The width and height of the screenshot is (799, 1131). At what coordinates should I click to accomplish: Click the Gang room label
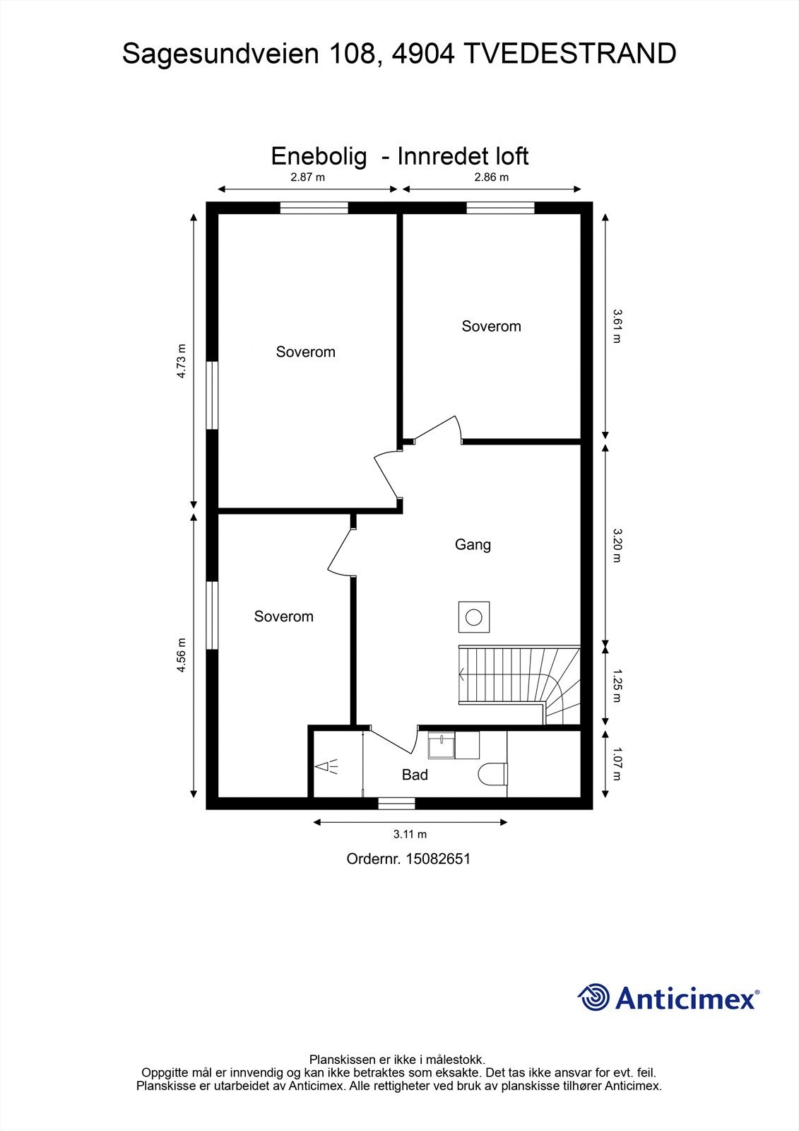pyautogui.click(x=473, y=545)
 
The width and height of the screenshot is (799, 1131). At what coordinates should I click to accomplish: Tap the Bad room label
pyautogui.click(x=415, y=775)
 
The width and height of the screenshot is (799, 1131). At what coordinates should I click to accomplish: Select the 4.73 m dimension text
pyautogui.click(x=181, y=361)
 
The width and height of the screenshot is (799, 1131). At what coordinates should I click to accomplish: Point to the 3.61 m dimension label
pyautogui.click(x=617, y=326)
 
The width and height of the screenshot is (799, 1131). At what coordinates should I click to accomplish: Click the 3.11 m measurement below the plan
pyautogui.click(x=410, y=834)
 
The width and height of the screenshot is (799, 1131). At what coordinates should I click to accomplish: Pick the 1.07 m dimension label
pyautogui.click(x=617, y=764)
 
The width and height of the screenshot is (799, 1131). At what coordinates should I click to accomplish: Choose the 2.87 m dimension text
pyautogui.click(x=307, y=177)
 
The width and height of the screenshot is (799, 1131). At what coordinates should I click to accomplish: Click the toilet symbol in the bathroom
pyautogui.click(x=492, y=774)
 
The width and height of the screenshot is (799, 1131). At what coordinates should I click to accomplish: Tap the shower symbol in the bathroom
pyautogui.click(x=326, y=767)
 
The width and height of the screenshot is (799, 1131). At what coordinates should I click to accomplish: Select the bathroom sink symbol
pyautogui.click(x=442, y=745)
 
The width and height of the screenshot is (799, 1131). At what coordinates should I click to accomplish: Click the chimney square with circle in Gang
pyautogui.click(x=474, y=617)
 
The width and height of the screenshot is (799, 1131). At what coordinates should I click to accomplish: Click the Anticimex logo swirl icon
pyautogui.click(x=593, y=996)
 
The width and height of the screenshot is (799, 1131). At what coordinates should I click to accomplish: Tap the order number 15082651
pyautogui.click(x=438, y=859)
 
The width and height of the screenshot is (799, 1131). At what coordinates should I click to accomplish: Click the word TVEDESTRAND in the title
pyautogui.click(x=570, y=54)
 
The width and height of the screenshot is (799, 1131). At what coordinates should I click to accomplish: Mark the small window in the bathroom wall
pyautogui.click(x=397, y=803)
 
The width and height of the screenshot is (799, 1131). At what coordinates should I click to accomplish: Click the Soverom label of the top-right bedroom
pyautogui.click(x=491, y=326)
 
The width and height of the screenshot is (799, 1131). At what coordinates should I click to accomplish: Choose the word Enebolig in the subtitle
pyautogui.click(x=319, y=156)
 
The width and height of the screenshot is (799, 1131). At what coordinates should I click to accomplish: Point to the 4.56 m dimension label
pyautogui.click(x=181, y=655)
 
